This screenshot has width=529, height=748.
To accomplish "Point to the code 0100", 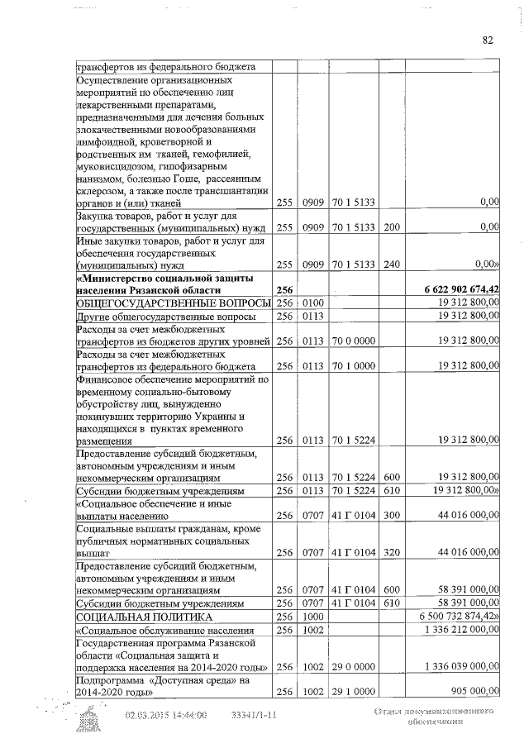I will (x=313, y=303).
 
